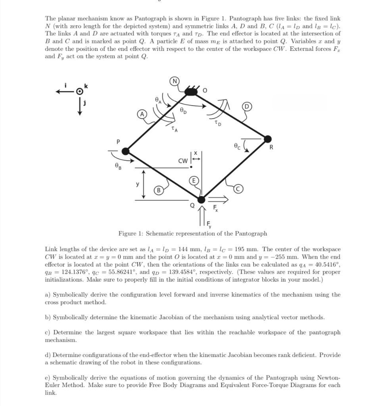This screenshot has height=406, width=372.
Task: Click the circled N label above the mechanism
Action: click(x=174, y=82)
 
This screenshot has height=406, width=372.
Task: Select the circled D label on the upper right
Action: click(x=247, y=106)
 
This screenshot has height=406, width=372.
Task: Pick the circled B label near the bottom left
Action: click(x=158, y=190)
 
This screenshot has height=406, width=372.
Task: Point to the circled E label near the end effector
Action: click(x=194, y=181)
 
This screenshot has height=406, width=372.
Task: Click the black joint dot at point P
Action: click(x=125, y=151)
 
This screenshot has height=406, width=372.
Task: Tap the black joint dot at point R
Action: click(x=268, y=139)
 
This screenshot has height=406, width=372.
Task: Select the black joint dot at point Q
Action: click(x=201, y=199)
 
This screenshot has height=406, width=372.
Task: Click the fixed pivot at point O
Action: click(x=191, y=92)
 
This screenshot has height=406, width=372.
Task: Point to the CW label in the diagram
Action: click(x=183, y=161)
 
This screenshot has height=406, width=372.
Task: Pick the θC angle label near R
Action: click(x=237, y=146)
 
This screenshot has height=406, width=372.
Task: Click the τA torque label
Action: click(x=174, y=129)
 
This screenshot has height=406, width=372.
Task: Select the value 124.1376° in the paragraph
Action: click(x=70, y=272)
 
